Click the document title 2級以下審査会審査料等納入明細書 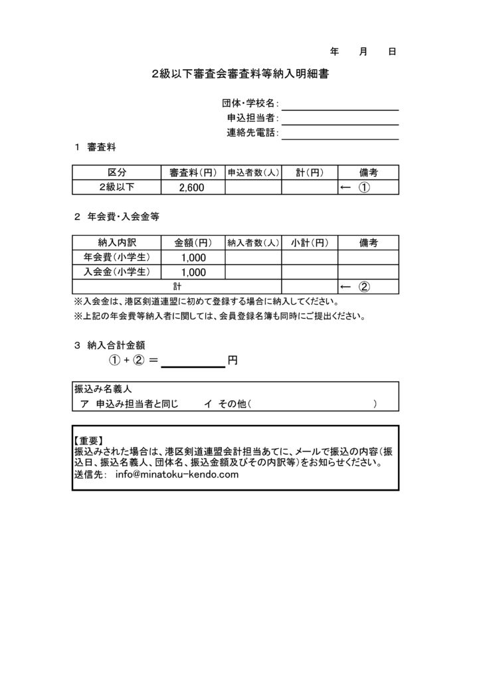pos(241,76)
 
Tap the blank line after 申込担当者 pos(339,120)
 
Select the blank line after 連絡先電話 pos(339,135)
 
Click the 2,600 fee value pos(191,188)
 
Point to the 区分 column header pos(116,173)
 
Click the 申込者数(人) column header pos(253,173)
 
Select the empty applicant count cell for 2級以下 pos(253,188)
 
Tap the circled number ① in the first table pos(364,188)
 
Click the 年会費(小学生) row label pos(116,257)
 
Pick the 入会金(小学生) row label pos(116,272)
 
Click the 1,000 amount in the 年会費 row pos(193,258)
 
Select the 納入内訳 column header pos(116,242)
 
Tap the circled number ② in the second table pos(364,287)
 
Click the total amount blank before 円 pos(193,361)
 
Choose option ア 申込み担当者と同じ pos(129,404)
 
